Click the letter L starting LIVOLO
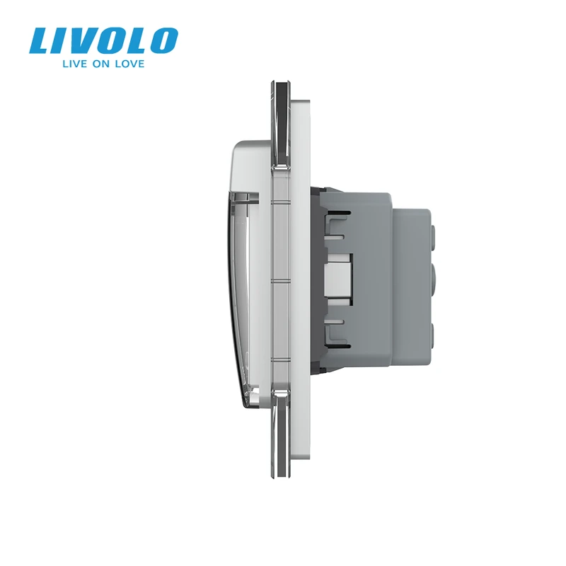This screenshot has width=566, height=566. [x=42, y=40]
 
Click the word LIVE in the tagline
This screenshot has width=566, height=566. [x=74, y=64]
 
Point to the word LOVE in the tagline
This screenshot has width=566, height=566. [x=129, y=64]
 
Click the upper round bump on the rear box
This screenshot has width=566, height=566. [x=434, y=231]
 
